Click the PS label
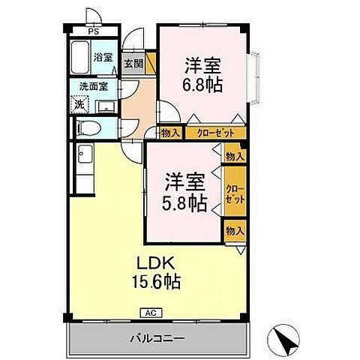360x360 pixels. coord(93,32)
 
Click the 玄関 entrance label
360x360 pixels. coord(133,64)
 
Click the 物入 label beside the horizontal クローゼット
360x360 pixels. coord(171,133)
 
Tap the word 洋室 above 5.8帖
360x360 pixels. coord(185,180)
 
